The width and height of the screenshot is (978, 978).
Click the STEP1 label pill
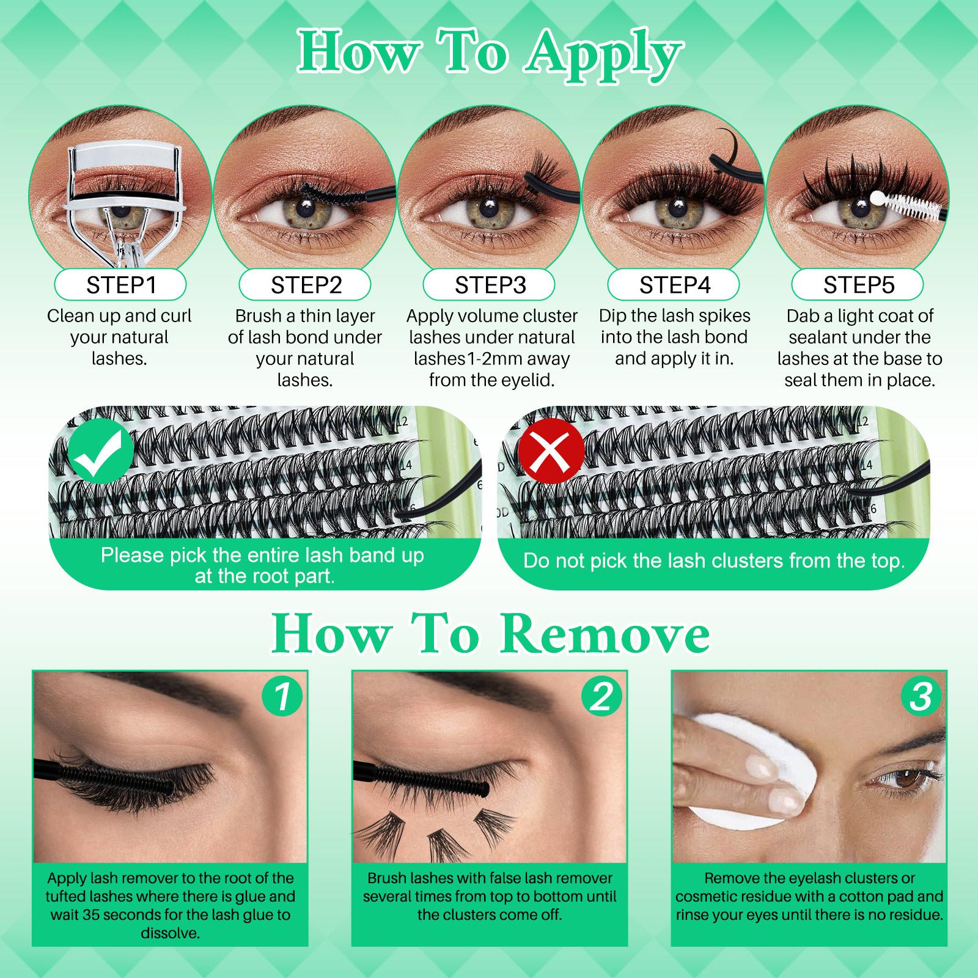[120, 285]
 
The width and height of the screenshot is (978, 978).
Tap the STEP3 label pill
[490, 285]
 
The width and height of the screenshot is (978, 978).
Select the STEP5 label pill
[858, 285]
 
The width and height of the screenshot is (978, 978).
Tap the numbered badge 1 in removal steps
[282, 697]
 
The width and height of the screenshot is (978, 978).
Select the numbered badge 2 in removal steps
[601, 697]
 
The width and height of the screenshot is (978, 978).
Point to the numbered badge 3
[921, 697]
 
